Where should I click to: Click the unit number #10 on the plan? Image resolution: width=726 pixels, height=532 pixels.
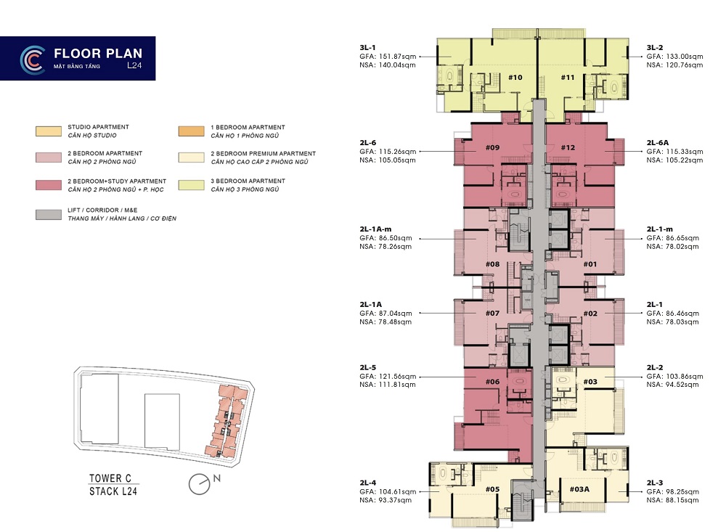tap(515, 78)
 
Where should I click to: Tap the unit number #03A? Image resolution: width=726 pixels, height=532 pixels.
tap(579, 489)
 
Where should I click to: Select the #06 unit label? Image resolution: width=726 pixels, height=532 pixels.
tap(492, 382)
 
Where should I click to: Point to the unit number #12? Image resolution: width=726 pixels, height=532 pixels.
tap(568, 147)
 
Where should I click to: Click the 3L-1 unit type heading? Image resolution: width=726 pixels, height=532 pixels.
tap(367, 47)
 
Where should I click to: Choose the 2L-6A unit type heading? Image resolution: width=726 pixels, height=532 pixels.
tap(658, 142)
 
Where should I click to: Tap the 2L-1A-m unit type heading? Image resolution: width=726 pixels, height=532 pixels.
tap(375, 229)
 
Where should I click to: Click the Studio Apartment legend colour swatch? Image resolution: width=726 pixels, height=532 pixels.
tap(49, 131)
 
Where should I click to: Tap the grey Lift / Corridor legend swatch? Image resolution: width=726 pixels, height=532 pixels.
tap(49, 214)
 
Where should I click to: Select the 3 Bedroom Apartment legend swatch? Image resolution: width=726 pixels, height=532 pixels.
tap(191, 185)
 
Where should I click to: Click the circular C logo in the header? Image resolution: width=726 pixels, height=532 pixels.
tap(33, 60)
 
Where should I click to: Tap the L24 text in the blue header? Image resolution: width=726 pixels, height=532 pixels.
tap(134, 65)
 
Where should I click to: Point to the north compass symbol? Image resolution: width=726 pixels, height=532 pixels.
tap(200, 484)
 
